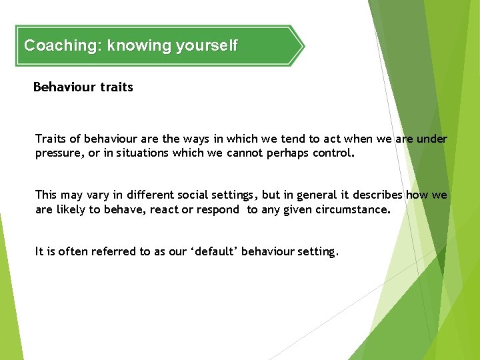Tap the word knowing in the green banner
click(x=139, y=46)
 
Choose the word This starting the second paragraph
click(x=46, y=195)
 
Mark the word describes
click(x=379, y=195)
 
